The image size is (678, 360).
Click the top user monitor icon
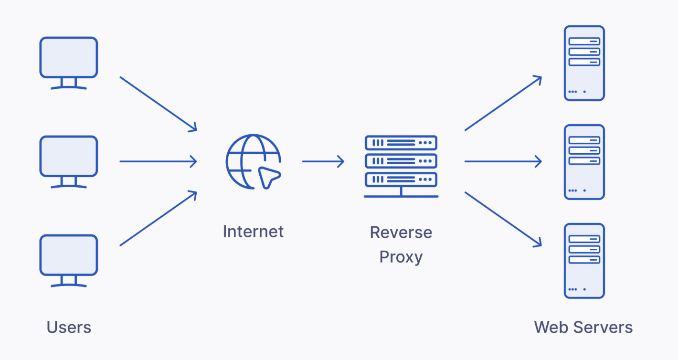click(69, 62)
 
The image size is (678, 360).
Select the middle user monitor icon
click(69, 161)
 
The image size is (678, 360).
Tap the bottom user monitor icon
click(69, 260)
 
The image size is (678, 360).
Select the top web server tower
click(584, 63)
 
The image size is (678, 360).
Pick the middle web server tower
click(584, 162)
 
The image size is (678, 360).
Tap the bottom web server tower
click(584, 261)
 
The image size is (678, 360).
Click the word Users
click(69, 328)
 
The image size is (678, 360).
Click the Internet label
click(253, 232)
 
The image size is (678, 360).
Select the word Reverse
click(401, 233)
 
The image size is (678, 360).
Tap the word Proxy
click(401, 257)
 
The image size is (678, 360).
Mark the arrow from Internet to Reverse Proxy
click(323, 161)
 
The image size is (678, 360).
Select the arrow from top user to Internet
click(158, 104)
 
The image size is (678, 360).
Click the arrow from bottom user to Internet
click(158, 219)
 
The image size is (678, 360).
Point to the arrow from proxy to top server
click(503, 103)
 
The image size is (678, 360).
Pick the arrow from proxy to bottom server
click(503, 220)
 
